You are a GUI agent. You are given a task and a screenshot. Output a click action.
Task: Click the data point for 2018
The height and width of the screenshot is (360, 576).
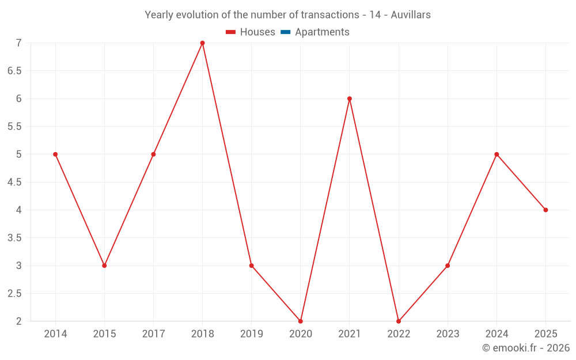202,43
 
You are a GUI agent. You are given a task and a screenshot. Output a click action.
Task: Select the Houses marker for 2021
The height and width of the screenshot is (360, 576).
350,98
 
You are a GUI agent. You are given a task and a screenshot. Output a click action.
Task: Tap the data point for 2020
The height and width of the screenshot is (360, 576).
301,321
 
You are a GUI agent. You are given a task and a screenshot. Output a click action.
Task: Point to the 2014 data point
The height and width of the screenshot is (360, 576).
55,154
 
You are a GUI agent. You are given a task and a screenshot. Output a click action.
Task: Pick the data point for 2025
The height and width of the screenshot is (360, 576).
545,210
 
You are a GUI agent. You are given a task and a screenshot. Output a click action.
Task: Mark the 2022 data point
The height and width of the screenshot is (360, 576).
399,321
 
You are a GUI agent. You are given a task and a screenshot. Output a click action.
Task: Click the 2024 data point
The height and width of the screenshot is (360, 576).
497,154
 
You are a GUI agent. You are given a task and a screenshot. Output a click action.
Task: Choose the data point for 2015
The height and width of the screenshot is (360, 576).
104,266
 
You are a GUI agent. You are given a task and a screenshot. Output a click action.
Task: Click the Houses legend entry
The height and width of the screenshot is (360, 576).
251,32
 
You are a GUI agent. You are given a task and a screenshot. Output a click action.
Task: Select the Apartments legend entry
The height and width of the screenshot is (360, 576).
315,32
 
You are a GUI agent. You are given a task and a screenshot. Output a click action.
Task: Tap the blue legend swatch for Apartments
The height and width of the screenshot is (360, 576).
286,32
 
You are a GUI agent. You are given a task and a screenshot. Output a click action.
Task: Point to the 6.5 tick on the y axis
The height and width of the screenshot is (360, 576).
15,71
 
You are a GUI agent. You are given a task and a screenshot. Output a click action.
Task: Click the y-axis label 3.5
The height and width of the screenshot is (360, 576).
15,238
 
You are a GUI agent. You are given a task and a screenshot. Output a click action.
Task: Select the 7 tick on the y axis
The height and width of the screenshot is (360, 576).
19,43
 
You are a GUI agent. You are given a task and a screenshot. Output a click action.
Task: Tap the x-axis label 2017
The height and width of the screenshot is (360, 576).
154,334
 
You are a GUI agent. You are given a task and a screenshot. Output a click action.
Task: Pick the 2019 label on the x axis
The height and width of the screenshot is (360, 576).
252,334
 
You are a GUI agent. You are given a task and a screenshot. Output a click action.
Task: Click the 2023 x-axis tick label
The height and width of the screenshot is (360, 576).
448,334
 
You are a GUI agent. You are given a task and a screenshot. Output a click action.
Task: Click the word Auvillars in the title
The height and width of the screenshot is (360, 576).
411,15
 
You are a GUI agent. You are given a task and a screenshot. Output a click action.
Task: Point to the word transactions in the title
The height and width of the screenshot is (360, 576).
330,15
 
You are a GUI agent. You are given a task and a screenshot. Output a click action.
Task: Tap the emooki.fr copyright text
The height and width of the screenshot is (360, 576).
526,347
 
